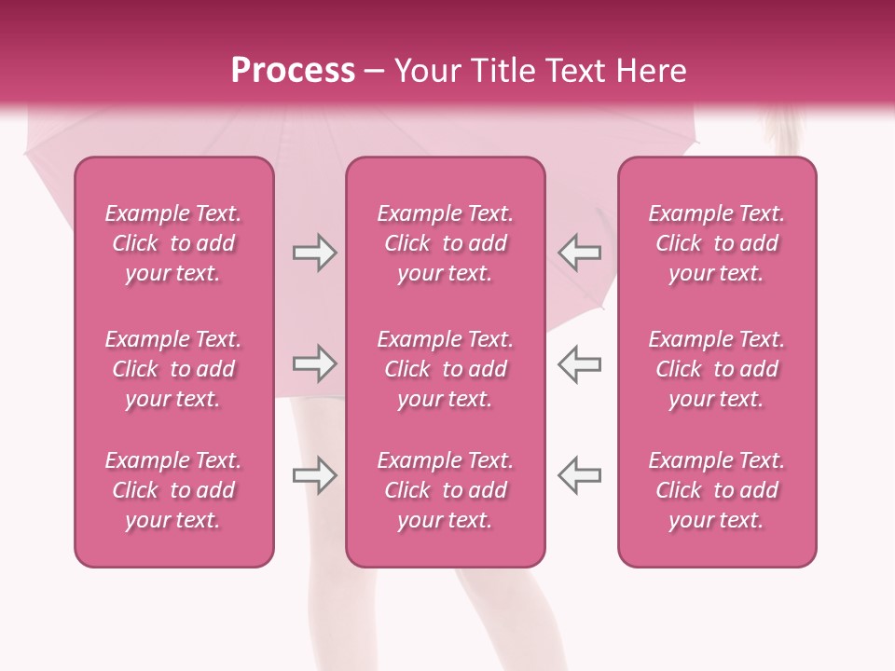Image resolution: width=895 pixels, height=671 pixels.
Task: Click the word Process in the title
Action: pyautogui.click(x=293, y=71)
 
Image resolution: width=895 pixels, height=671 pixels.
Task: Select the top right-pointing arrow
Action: pyautogui.click(x=314, y=253)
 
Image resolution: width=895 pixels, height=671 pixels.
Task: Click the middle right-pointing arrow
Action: pyautogui.click(x=314, y=363)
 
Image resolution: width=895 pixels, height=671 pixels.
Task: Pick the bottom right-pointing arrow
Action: pyautogui.click(x=314, y=475)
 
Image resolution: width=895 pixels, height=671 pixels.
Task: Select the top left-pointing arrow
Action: pyautogui.click(x=579, y=253)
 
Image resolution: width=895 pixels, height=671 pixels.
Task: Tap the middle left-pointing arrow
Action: pyautogui.click(x=579, y=363)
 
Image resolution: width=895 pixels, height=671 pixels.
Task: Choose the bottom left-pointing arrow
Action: pyautogui.click(x=579, y=475)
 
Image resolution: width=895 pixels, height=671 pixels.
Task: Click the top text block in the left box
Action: pyautogui.click(x=173, y=243)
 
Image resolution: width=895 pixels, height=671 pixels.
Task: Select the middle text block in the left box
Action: pyautogui.click(x=173, y=369)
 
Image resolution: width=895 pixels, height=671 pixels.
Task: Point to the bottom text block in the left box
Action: pyautogui.click(x=173, y=490)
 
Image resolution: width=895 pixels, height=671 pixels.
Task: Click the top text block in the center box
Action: pyautogui.click(x=445, y=243)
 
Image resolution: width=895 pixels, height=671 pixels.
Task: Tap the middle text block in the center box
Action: pyautogui.click(x=445, y=369)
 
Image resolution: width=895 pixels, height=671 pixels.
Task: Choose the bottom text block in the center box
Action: pyautogui.click(x=445, y=490)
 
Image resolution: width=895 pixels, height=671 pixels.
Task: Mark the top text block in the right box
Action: pyautogui.click(x=716, y=243)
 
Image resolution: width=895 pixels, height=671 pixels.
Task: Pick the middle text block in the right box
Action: pyautogui.click(x=716, y=369)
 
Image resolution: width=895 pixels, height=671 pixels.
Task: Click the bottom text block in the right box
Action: pyautogui.click(x=716, y=490)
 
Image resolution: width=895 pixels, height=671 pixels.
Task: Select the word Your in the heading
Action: pyautogui.click(x=429, y=71)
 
